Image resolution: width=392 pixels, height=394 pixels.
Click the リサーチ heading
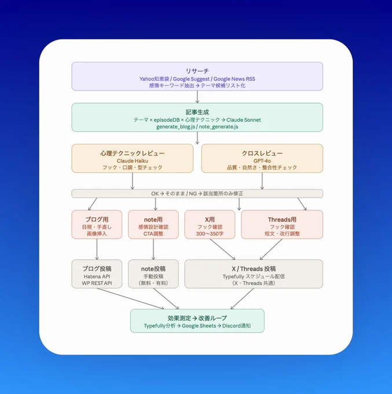pos(197,71)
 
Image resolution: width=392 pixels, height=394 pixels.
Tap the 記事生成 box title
pos(197,112)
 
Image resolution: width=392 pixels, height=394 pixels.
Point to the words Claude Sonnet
pos(244,120)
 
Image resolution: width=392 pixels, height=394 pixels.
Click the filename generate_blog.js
pos(175,127)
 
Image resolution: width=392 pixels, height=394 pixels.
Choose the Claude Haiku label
pos(133,161)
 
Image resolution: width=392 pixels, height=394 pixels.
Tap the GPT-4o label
pos(262,161)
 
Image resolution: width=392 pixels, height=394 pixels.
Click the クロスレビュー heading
pos(262,153)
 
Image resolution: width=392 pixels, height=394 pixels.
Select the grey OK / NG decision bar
pos(197,194)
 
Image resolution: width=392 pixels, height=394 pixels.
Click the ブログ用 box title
pos(97,220)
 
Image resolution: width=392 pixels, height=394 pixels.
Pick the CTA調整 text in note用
pos(153,234)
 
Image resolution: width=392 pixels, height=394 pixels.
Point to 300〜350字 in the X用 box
pos(210,234)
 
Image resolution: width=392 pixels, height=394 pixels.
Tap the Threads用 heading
pos(282,220)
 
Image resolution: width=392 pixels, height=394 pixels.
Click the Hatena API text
pos(97,276)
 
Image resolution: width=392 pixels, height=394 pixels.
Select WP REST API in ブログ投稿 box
pos(97,283)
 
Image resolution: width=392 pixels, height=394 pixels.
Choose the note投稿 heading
pos(153,269)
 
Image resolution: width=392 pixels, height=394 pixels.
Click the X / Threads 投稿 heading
pos(254,269)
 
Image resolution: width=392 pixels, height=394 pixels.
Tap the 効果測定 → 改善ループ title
pos(197,318)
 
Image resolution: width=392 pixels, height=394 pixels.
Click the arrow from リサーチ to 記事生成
pos(197,97)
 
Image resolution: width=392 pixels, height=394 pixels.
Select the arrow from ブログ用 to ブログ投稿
pos(97,249)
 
